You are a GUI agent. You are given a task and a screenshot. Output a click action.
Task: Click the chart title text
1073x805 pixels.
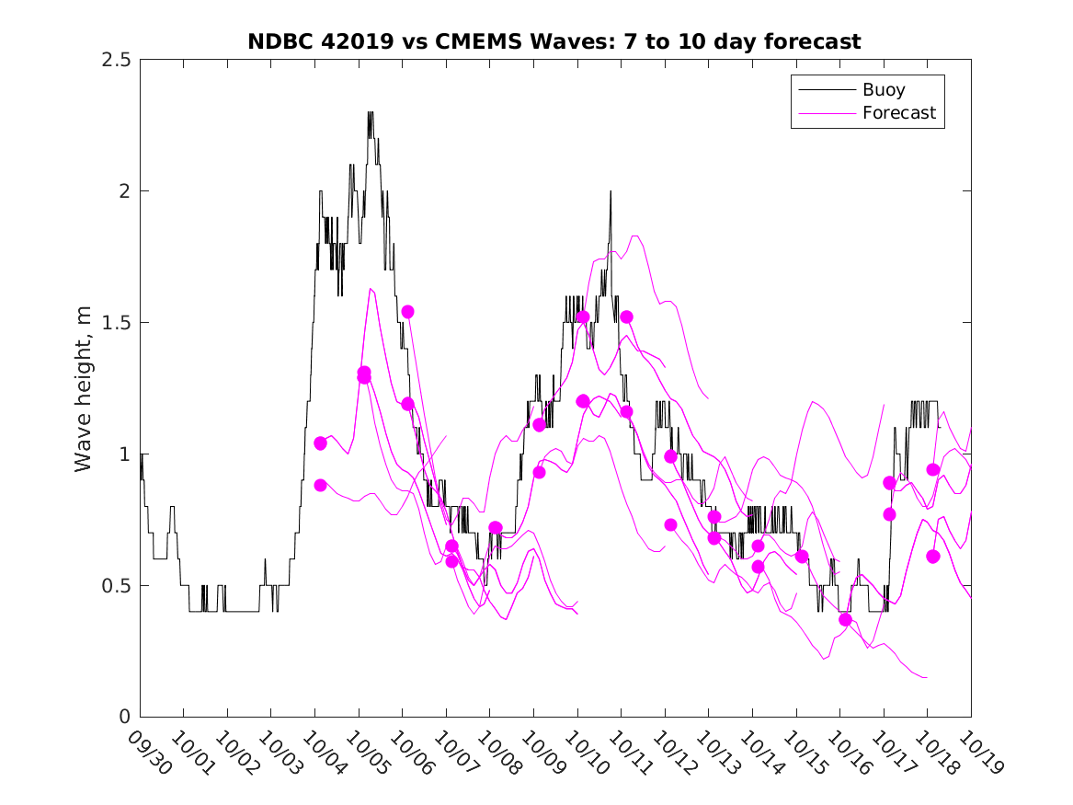pos(554,41)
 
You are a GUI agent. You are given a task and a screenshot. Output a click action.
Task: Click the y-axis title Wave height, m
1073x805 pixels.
pos(84,388)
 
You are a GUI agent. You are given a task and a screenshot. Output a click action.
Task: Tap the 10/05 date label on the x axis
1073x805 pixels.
pos(365,750)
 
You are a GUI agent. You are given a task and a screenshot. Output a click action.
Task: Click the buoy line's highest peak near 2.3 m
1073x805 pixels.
pos(371,113)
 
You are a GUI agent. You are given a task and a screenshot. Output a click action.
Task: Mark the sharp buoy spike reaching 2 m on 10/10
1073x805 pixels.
pos(610,191)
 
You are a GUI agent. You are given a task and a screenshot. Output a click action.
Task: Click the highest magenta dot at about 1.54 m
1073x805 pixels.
pos(407,312)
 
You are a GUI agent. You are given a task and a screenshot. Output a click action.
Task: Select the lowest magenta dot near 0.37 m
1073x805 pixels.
pos(845,619)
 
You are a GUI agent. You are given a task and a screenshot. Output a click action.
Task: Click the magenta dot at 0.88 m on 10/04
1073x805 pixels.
pos(320,485)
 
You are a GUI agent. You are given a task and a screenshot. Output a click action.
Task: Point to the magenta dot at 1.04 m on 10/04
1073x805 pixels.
pos(320,443)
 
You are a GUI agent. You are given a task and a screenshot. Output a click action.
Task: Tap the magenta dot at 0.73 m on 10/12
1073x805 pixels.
pos(670,524)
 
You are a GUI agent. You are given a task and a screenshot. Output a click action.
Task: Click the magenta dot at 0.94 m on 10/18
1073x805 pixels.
pos(932,469)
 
